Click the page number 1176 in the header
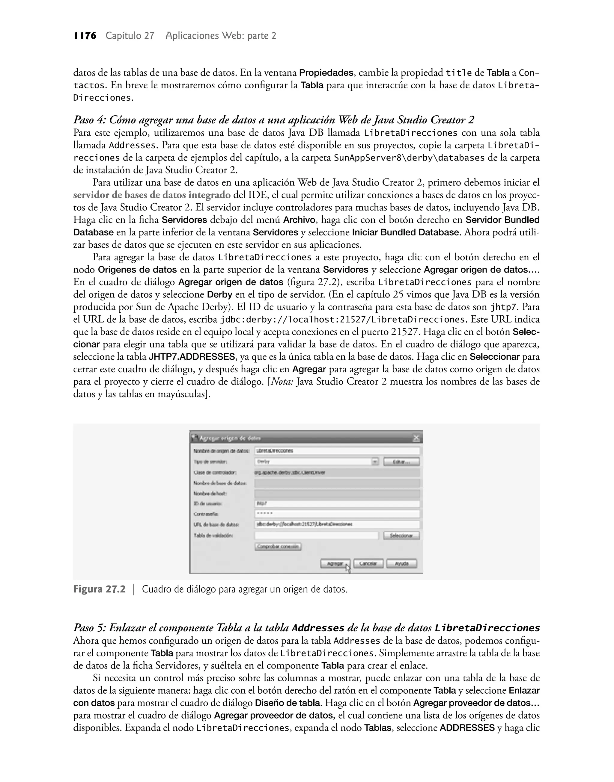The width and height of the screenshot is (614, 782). (x=85, y=36)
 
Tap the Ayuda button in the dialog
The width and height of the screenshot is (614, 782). (x=401, y=564)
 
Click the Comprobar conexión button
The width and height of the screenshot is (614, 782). (x=278, y=547)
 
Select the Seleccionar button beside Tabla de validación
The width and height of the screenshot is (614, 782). (x=401, y=535)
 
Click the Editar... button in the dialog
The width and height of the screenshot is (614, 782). (x=401, y=462)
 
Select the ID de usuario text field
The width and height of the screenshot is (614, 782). (x=336, y=504)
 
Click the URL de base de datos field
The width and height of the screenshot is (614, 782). (x=336, y=524)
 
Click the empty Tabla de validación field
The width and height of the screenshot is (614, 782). (x=316, y=535)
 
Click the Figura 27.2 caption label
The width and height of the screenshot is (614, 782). (x=100, y=589)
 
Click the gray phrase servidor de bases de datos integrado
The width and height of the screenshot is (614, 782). (x=152, y=195)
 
